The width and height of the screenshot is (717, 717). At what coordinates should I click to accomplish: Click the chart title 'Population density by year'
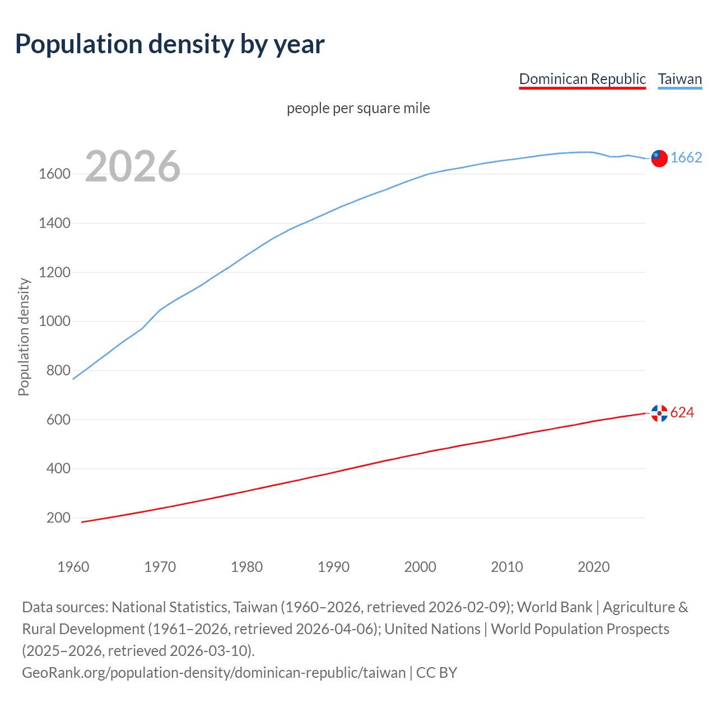(x=170, y=44)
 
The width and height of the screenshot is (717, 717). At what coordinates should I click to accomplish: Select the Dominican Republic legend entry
(x=582, y=79)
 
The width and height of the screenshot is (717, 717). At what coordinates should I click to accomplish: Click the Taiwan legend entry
(x=679, y=79)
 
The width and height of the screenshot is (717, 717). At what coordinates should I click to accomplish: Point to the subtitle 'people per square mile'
(x=358, y=108)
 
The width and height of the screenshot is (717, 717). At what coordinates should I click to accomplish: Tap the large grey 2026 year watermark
(x=133, y=166)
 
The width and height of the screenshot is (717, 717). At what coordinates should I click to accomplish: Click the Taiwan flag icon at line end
(x=659, y=159)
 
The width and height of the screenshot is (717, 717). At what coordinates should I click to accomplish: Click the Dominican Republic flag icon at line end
(x=659, y=413)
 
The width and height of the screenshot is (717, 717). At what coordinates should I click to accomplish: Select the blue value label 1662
(x=686, y=157)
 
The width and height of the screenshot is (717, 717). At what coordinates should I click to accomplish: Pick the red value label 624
(x=682, y=413)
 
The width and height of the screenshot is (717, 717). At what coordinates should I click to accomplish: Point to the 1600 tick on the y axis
(x=54, y=174)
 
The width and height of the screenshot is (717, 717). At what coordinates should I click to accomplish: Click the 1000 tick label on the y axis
(x=54, y=322)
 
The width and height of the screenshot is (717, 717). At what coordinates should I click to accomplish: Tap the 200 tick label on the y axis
(x=58, y=518)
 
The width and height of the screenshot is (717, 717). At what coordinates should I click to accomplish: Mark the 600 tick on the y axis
(x=58, y=420)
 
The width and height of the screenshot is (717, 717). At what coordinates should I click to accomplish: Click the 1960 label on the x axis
(x=73, y=567)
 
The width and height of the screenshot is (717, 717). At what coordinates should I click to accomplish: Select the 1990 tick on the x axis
(x=333, y=567)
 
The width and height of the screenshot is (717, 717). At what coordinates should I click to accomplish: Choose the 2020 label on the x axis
(x=593, y=567)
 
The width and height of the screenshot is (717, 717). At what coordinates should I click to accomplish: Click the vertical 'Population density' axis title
(x=24, y=337)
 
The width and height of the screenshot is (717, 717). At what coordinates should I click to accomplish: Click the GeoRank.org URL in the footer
(x=213, y=672)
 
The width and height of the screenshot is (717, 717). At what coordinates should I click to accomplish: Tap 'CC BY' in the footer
(x=436, y=672)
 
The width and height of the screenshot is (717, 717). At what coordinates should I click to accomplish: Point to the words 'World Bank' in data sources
(x=554, y=607)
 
